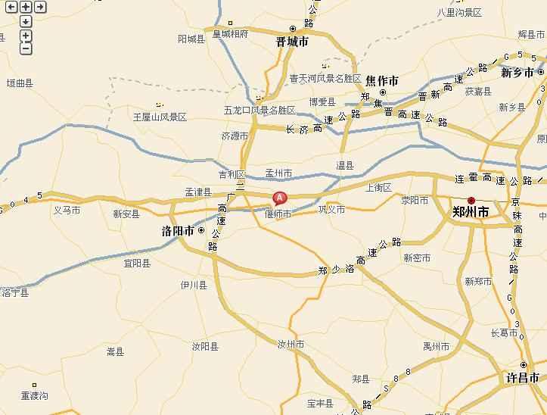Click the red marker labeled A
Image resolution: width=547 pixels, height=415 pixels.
tap(279, 198)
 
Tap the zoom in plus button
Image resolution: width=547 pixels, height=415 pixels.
tap(26, 36)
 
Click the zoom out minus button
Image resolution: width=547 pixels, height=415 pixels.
tap(26, 48)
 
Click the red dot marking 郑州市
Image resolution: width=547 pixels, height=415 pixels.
tap(471, 200)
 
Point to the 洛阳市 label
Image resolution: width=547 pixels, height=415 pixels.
tap(179, 231)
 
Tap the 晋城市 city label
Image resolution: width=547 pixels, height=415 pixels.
tap(292, 42)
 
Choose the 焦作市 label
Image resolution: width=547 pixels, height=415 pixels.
tap(382, 80)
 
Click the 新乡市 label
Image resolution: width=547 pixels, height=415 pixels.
tap(518, 73)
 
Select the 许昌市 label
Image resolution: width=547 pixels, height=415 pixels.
tap(523, 377)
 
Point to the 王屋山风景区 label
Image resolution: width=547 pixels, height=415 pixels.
tap(160, 117)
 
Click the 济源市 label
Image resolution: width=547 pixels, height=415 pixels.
tap(235, 136)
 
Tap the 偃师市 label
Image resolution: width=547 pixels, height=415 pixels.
tap(278, 214)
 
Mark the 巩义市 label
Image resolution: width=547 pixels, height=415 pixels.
tap(331, 210)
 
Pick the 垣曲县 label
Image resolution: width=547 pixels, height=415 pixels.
tap(20, 83)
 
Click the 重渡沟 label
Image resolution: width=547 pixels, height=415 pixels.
tap(35, 396)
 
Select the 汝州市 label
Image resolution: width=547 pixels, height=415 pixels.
tap(291, 345)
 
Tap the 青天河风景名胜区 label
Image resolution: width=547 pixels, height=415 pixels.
tap(325, 78)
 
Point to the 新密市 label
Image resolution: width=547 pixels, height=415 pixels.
tap(417, 257)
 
